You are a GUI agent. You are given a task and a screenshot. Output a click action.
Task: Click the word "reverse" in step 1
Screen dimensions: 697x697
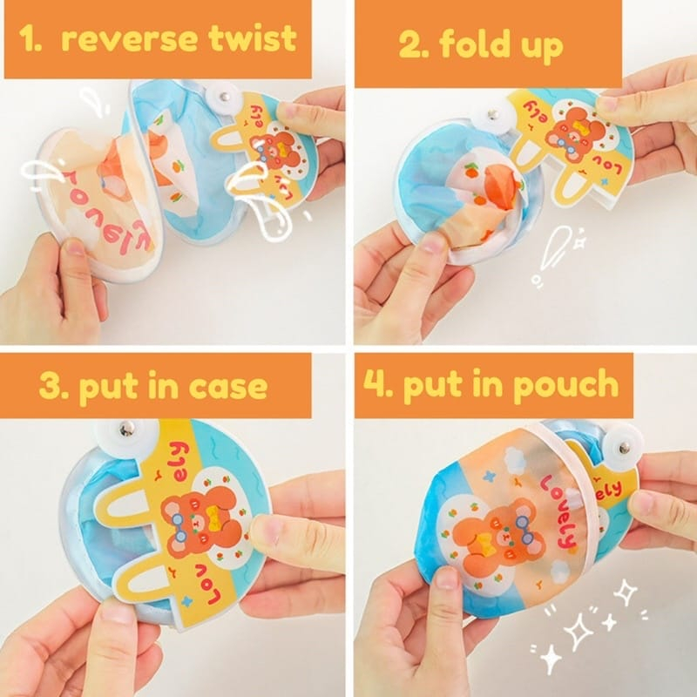[x=129, y=39]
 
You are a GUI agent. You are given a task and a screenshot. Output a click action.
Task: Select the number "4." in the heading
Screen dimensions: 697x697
[x=379, y=383]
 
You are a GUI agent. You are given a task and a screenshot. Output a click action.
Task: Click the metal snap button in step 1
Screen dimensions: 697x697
[x=225, y=97]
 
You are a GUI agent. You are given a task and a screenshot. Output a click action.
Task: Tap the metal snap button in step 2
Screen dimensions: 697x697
[x=491, y=116]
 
